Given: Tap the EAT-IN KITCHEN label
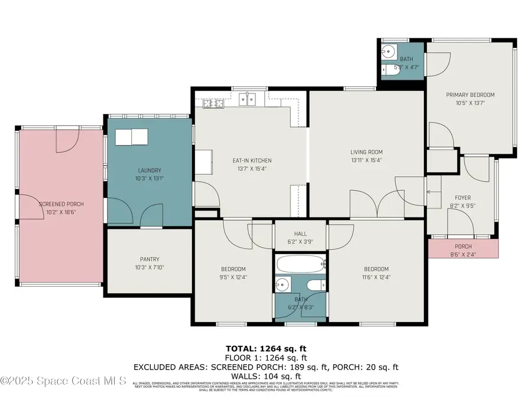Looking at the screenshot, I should [x=252, y=160].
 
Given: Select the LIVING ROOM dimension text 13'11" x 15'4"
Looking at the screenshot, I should [x=366, y=160].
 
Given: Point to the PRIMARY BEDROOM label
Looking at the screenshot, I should [x=470, y=95].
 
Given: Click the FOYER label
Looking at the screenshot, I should [x=462, y=198].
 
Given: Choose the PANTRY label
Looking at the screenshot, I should [x=150, y=259].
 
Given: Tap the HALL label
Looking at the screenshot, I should [x=300, y=233].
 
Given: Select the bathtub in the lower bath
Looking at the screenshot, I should [x=300, y=264].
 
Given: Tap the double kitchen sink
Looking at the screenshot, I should [x=247, y=100].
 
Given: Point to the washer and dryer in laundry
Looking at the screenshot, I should [x=131, y=137].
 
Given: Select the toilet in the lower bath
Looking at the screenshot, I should [x=317, y=286].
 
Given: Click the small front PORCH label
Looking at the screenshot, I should [x=463, y=246].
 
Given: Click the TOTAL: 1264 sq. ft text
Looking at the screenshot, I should [x=266, y=348].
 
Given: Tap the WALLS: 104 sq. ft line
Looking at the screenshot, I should [x=266, y=375].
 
